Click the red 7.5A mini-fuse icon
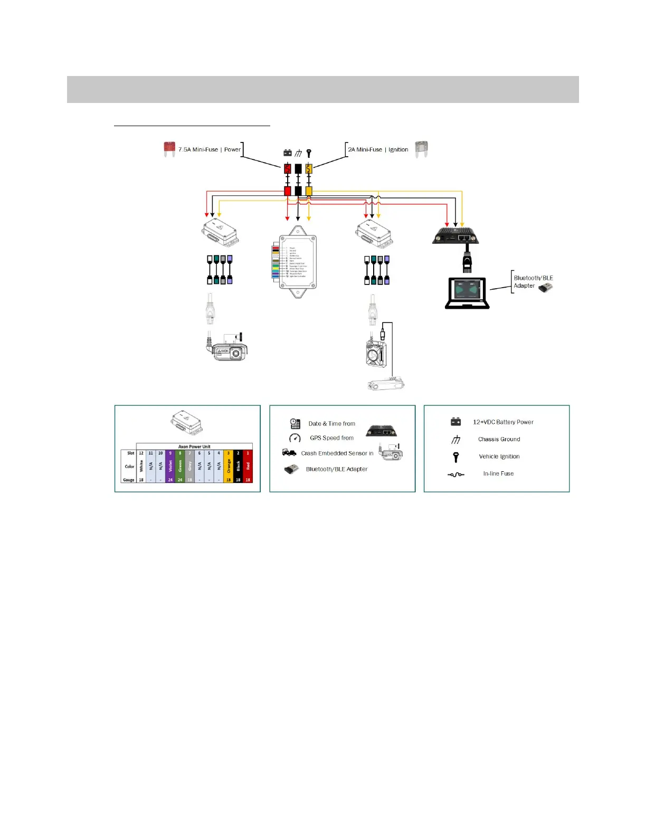(169, 149)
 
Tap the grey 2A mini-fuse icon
(421, 149)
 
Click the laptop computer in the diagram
(468, 293)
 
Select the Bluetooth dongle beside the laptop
(546, 287)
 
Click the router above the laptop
(455, 234)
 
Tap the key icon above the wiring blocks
(309, 153)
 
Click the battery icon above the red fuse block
(288, 153)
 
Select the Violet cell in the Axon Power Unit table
(170, 467)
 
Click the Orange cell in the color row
(229, 467)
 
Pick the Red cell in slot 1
(248, 467)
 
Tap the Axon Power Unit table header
(194, 446)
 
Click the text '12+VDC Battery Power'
(503, 422)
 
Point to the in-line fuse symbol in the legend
(456, 474)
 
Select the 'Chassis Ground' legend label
(499, 439)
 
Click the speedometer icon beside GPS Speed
(294, 438)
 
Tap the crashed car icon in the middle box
(289, 453)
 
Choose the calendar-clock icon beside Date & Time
(295, 423)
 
